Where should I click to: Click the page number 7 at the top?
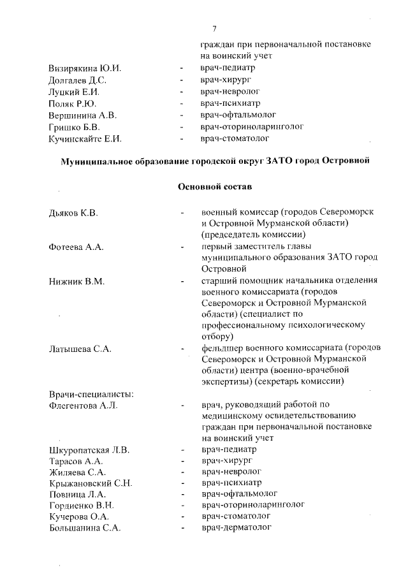215,28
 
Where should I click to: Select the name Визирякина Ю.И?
85,68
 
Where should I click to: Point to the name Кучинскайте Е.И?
85,138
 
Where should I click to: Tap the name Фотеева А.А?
76,247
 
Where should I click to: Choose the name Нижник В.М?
76,281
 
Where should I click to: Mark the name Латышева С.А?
80,349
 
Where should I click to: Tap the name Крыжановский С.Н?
91,482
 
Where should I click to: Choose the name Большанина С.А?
84,528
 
